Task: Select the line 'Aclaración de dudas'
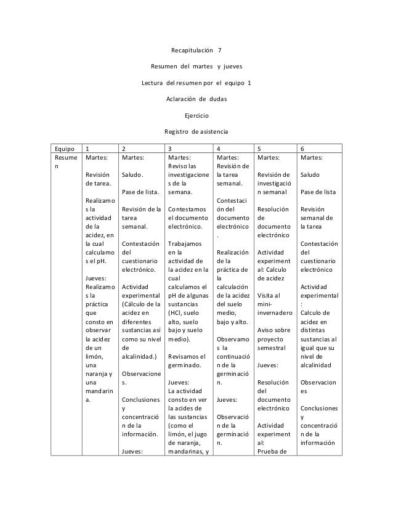[196, 99]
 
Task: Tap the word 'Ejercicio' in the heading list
[197, 115]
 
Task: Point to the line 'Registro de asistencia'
[196, 132]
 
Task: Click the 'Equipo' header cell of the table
[64, 149]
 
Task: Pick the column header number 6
[302, 149]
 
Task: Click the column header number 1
[87, 149]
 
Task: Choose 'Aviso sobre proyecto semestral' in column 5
[273, 339]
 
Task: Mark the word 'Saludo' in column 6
[310, 175]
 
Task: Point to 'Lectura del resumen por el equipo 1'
[196, 82]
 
